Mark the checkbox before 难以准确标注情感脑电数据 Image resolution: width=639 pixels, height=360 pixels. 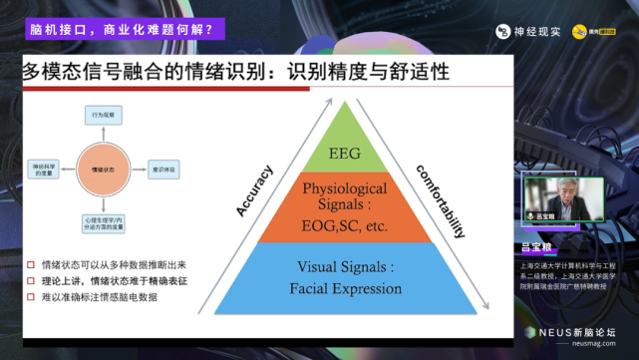click(x=31, y=298)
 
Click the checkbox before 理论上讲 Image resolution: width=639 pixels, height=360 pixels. click(x=31, y=282)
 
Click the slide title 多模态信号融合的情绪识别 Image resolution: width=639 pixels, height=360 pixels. click(x=150, y=72)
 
